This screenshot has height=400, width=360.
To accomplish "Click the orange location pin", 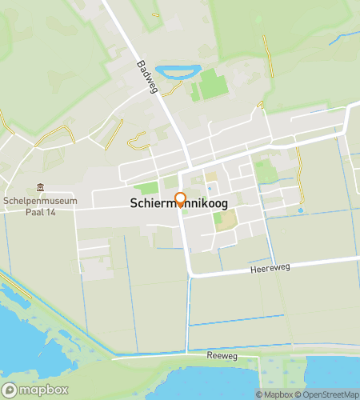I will coord(180,200).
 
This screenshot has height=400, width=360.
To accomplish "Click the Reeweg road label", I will coord(222,355).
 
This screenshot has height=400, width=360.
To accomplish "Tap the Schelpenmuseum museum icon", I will coord(40,187).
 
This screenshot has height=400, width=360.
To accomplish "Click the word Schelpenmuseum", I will coord(39,200).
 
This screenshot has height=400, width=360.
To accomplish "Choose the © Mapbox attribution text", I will coord(273,394).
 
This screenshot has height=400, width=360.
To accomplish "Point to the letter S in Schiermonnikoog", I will coord(133,205).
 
